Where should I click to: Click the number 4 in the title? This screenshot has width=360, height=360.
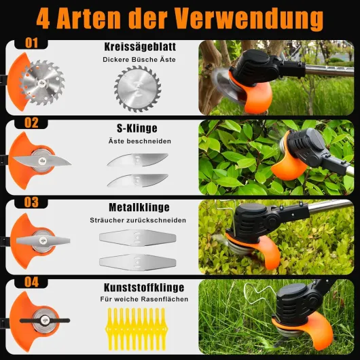click(x=45, y=18)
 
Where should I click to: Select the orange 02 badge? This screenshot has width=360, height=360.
click(x=32, y=124)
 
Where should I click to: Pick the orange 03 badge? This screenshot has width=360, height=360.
click(x=32, y=202)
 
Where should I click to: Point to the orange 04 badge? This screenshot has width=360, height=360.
click(x=32, y=281)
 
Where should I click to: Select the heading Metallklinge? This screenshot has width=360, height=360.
click(x=139, y=207)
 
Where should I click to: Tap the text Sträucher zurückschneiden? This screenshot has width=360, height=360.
click(x=139, y=220)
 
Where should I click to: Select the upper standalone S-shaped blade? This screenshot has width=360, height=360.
click(x=139, y=160)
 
